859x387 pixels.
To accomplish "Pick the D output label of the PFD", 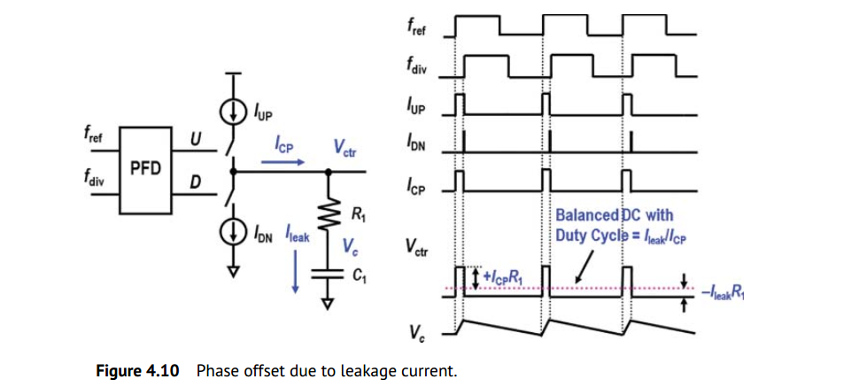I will pyautogui.click(x=196, y=182).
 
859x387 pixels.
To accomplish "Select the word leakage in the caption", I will pyautogui.click(x=361, y=370).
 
